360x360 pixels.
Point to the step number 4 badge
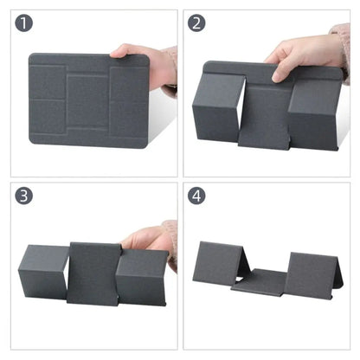196,196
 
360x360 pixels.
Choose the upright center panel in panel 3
95,273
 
